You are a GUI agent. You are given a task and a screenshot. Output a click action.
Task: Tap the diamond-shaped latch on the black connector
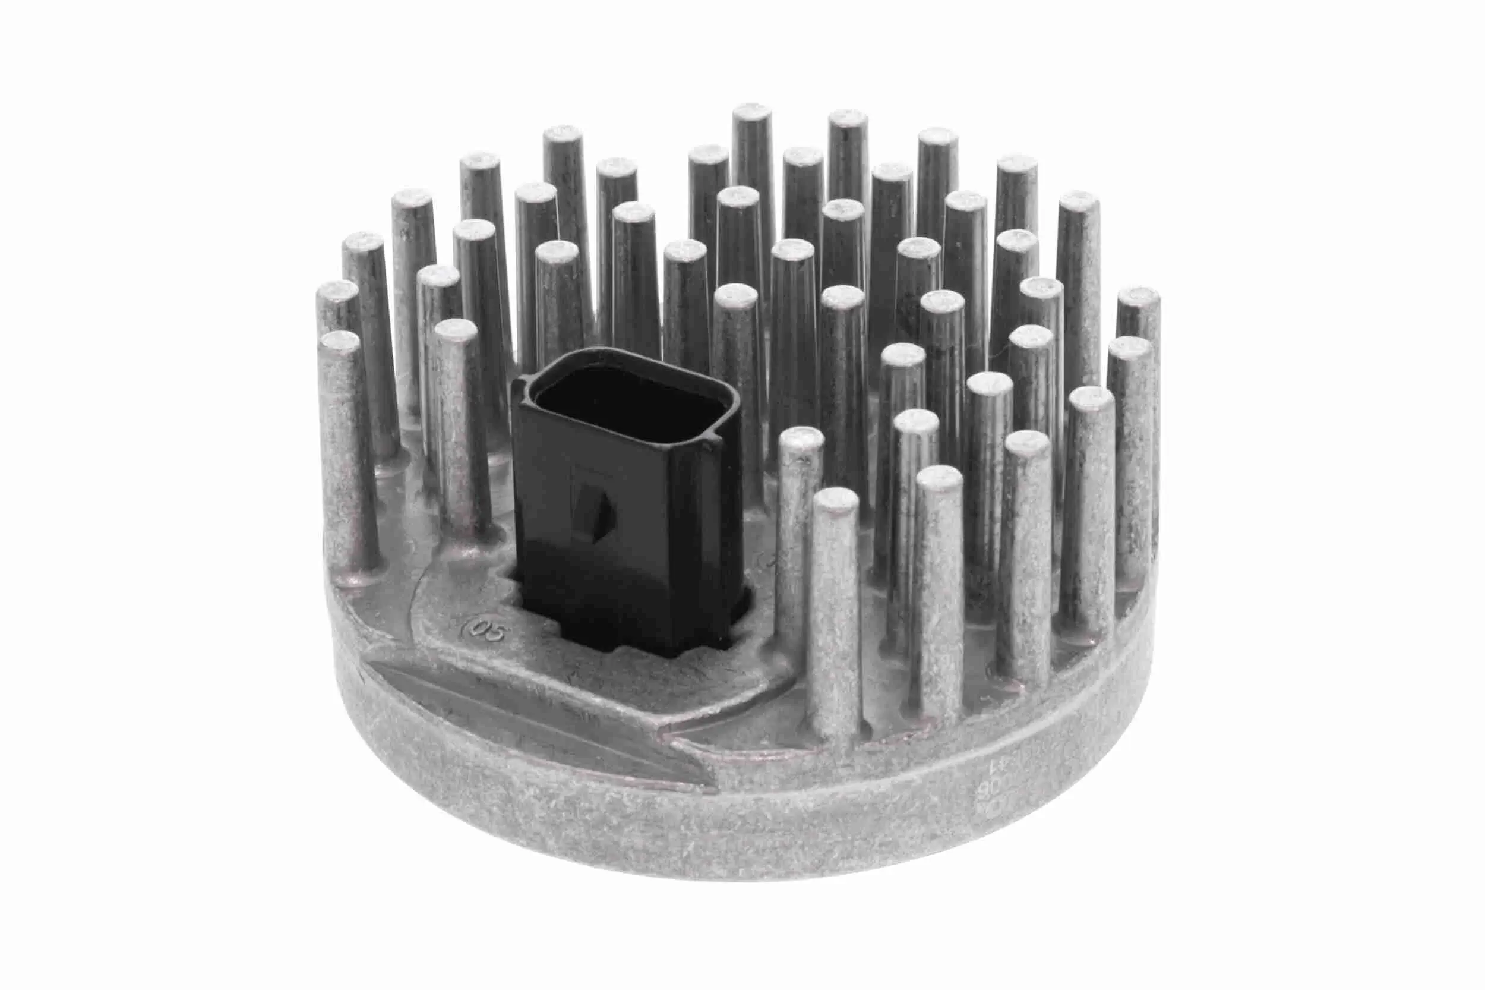click(595, 512)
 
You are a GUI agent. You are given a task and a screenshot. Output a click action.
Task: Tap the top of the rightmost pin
click(1139, 297)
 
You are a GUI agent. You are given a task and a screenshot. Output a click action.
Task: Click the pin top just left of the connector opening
click(456, 330)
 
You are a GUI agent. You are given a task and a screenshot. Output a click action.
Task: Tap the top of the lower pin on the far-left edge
click(340, 342)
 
